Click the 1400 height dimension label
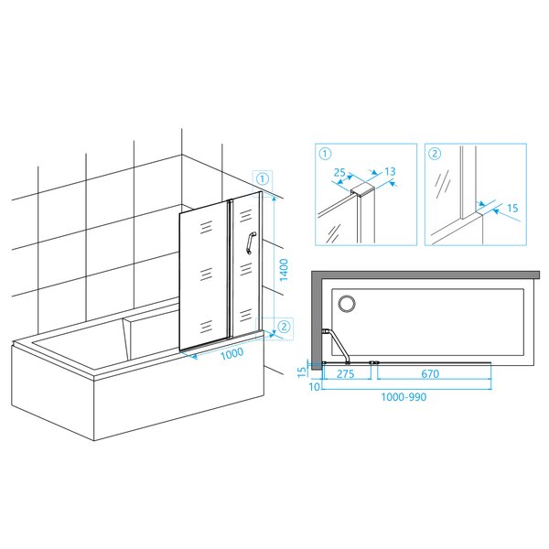pos(284,270)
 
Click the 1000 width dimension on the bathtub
pos(231,353)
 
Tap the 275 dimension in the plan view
pos(345,373)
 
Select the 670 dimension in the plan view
pos(430,373)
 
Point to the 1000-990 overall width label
pos(404,397)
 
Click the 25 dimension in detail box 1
pos(339,172)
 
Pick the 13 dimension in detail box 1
pos(390,171)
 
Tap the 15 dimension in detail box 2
pos(512,208)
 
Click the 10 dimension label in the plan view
pos(314,386)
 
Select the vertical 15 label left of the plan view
pos(302,371)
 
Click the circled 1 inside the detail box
pos(325,154)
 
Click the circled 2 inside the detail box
pos(435,154)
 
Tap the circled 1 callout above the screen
pos(263,179)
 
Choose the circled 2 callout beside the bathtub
pos(284,327)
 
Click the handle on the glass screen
pos(251,242)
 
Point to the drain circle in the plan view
pos(347,303)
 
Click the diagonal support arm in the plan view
pos(337,347)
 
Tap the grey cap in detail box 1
pos(363,189)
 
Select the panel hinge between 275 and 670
pos(374,362)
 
